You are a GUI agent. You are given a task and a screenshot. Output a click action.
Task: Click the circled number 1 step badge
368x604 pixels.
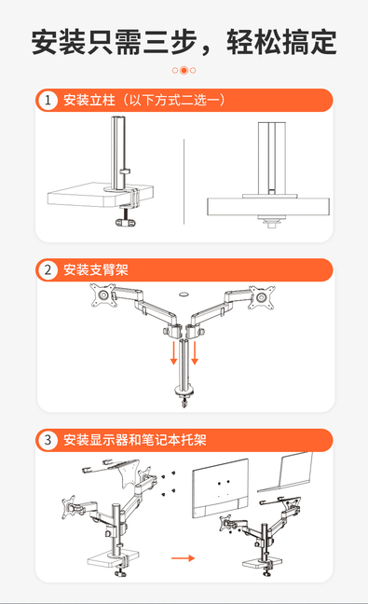pyautogui.click(x=48, y=100)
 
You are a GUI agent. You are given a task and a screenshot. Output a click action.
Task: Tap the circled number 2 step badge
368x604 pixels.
pyautogui.click(x=48, y=269)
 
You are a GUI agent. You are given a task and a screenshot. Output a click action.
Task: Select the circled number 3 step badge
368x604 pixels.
pyautogui.click(x=48, y=440)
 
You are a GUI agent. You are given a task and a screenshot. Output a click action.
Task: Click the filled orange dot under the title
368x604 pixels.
pyautogui.click(x=184, y=70)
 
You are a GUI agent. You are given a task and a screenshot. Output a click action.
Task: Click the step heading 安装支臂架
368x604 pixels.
pyautogui.click(x=95, y=269)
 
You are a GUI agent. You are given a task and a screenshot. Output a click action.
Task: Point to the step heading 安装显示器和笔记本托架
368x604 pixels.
pyautogui.click(x=135, y=440)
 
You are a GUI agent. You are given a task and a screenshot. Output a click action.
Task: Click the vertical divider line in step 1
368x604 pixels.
pyautogui.click(x=184, y=182)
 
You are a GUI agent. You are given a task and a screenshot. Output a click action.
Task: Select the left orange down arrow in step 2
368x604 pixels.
pyautogui.click(x=173, y=352)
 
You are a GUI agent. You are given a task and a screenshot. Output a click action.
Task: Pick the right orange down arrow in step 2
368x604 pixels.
pyautogui.click(x=195, y=352)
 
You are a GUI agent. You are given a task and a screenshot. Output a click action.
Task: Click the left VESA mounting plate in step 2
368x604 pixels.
pyautogui.click(x=103, y=295)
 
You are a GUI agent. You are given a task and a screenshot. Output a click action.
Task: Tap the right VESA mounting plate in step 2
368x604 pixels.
pyautogui.click(x=262, y=297)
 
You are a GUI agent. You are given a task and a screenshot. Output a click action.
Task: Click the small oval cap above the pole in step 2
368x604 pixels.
pyautogui.click(x=184, y=295)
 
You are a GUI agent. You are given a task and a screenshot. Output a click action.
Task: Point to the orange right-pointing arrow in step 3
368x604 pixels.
pyautogui.click(x=183, y=557)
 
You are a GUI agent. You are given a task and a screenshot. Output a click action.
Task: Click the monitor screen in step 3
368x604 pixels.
pyautogui.click(x=220, y=489)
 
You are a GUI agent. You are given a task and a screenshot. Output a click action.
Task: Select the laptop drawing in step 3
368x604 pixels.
pyautogui.click(x=286, y=472)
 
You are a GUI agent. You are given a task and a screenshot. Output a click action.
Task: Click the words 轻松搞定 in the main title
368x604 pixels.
pyautogui.click(x=281, y=42)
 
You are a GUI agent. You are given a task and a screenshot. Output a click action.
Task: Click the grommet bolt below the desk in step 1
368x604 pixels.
pyautogui.click(x=272, y=222)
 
